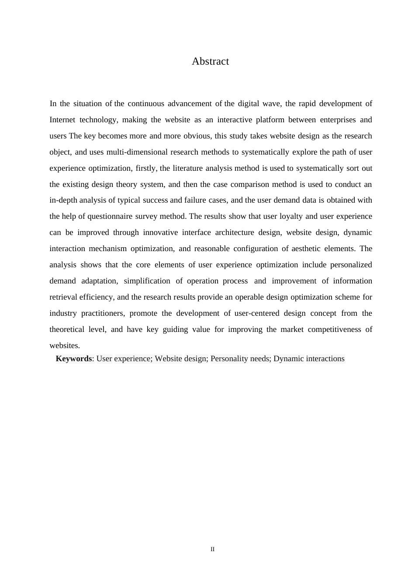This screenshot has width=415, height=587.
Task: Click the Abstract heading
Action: point(210,62)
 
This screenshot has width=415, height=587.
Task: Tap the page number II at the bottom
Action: point(212,549)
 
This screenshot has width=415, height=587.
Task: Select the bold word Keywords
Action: point(74,359)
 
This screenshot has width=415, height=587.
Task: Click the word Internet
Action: point(62,120)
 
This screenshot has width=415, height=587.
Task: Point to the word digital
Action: point(248,104)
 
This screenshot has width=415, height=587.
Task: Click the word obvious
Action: point(197,136)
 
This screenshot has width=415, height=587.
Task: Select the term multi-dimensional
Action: point(135,152)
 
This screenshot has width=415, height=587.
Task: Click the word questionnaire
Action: point(110,216)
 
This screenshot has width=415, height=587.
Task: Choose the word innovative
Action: point(160,232)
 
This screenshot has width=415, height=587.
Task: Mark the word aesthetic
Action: point(306,249)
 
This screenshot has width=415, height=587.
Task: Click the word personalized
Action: point(351,265)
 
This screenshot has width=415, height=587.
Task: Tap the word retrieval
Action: point(63,297)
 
